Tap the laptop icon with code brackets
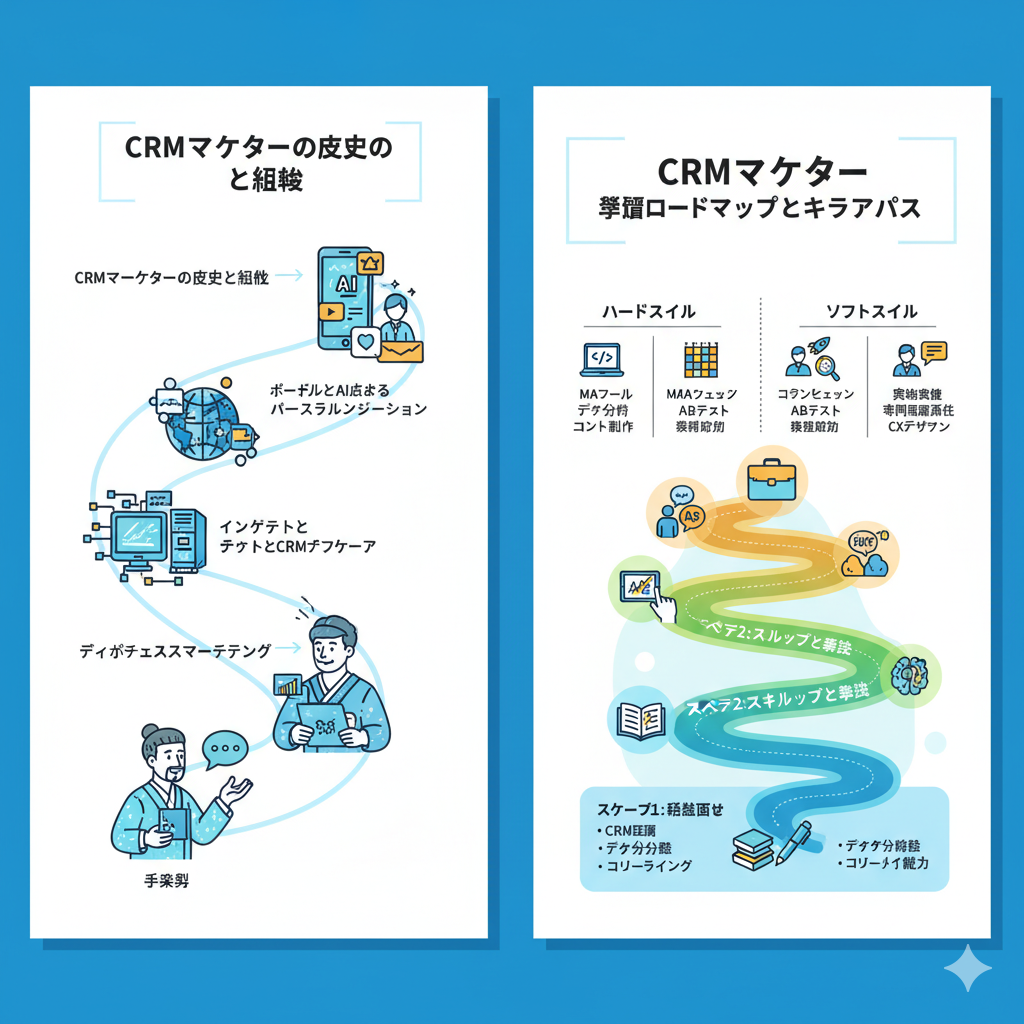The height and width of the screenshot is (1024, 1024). click(x=601, y=358)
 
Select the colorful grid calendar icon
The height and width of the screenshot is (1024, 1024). click(x=699, y=359)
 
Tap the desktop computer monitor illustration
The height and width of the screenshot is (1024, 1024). click(x=141, y=538)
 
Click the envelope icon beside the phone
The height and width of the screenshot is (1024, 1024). click(x=400, y=350)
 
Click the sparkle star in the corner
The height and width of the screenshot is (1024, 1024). click(x=968, y=968)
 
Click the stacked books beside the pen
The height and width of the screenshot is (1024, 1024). click(x=751, y=850)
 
